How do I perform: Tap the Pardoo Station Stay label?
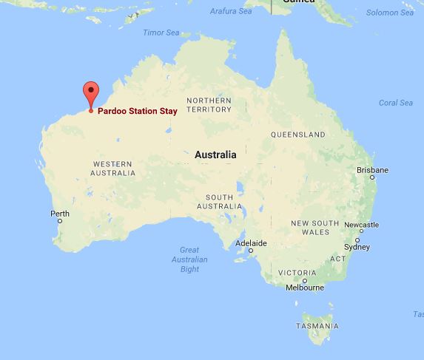(x=137, y=111)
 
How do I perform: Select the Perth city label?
(x=59, y=214)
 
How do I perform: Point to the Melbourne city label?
(x=305, y=288)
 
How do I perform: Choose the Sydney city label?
(x=357, y=247)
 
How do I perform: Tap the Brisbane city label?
(x=372, y=170)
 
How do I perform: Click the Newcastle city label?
(x=362, y=225)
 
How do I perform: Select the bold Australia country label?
(x=215, y=155)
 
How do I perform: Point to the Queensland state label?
(x=297, y=135)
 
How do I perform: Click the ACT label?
(x=337, y=259)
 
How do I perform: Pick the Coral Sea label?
(x=395, y=103)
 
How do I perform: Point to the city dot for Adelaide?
(x=251, y=250)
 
